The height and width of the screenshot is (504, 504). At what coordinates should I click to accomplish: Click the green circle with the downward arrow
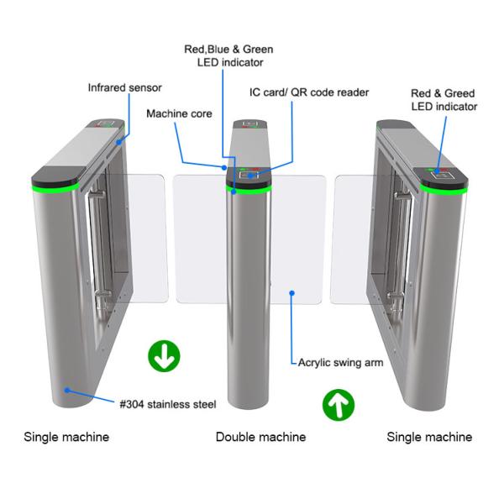[x=165, y=356]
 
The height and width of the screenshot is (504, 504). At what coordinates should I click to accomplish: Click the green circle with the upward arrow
[x=339, y=406]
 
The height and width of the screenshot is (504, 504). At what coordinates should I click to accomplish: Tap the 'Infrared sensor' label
[x=125, y=87]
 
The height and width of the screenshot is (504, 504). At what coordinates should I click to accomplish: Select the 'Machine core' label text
[x=179, y=113]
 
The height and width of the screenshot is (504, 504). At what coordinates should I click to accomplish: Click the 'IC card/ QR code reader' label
[x=309, y=92]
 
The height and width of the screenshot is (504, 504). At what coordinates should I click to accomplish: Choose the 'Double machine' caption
[x=260, y=437]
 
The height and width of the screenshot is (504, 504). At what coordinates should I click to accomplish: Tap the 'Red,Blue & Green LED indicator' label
[x=229, y=55]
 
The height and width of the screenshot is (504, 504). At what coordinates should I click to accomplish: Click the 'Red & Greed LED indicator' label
[x=444, y=100]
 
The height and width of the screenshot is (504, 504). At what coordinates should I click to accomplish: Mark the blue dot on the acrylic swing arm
[x=291, y=293]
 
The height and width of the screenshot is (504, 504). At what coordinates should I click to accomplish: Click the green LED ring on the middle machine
[x=252, y=191]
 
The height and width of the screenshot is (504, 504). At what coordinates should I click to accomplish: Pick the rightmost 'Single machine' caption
[x=429, y=437]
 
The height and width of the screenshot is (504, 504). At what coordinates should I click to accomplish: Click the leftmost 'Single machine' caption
[x=66, y=437]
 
